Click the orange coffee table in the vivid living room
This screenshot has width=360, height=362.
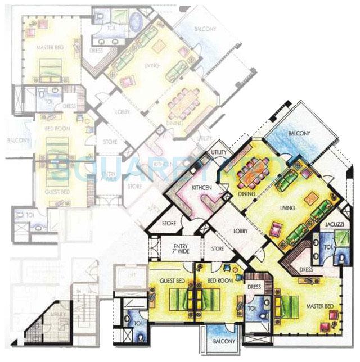point(312,198)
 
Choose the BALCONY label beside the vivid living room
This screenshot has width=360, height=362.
point(296,134)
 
